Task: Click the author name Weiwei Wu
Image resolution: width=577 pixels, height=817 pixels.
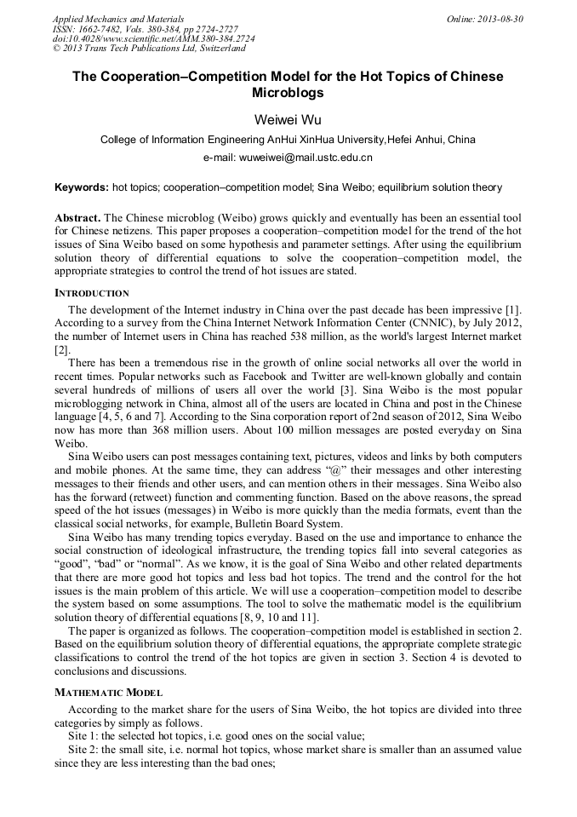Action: point(288,118)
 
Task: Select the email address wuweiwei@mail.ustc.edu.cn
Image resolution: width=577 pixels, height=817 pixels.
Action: point(288,158)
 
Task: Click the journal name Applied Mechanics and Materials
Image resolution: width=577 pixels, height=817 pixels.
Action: point(117,19)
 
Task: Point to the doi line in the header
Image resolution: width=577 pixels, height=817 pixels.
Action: point(153,39)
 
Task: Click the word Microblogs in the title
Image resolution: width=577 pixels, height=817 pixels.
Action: point(288,92)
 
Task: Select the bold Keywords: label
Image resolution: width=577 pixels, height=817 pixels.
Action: point(82,187)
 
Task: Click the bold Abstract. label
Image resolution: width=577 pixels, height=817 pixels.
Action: point(78,218)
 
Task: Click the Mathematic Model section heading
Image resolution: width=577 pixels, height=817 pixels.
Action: point(108,693)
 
